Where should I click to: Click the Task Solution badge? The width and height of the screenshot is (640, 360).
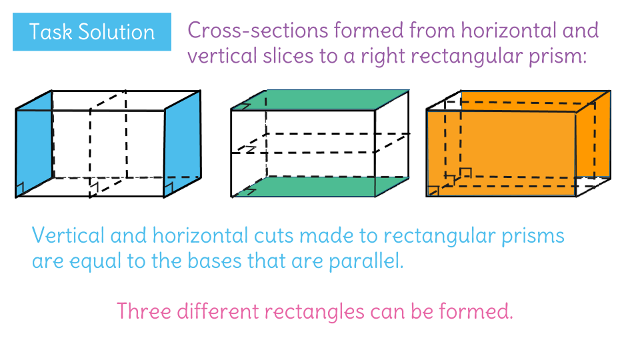92,32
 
